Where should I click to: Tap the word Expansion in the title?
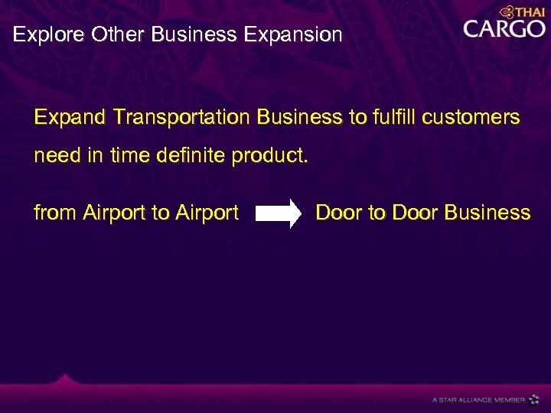point(302,35)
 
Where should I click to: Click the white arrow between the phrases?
point(279,213)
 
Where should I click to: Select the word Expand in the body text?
point(70,118)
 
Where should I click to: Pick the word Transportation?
point(181,118)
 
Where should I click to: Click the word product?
point(271,157)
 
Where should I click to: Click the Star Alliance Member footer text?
point(478,399)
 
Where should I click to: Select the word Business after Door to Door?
point(487,213)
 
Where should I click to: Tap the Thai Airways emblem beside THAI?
point(506,11)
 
